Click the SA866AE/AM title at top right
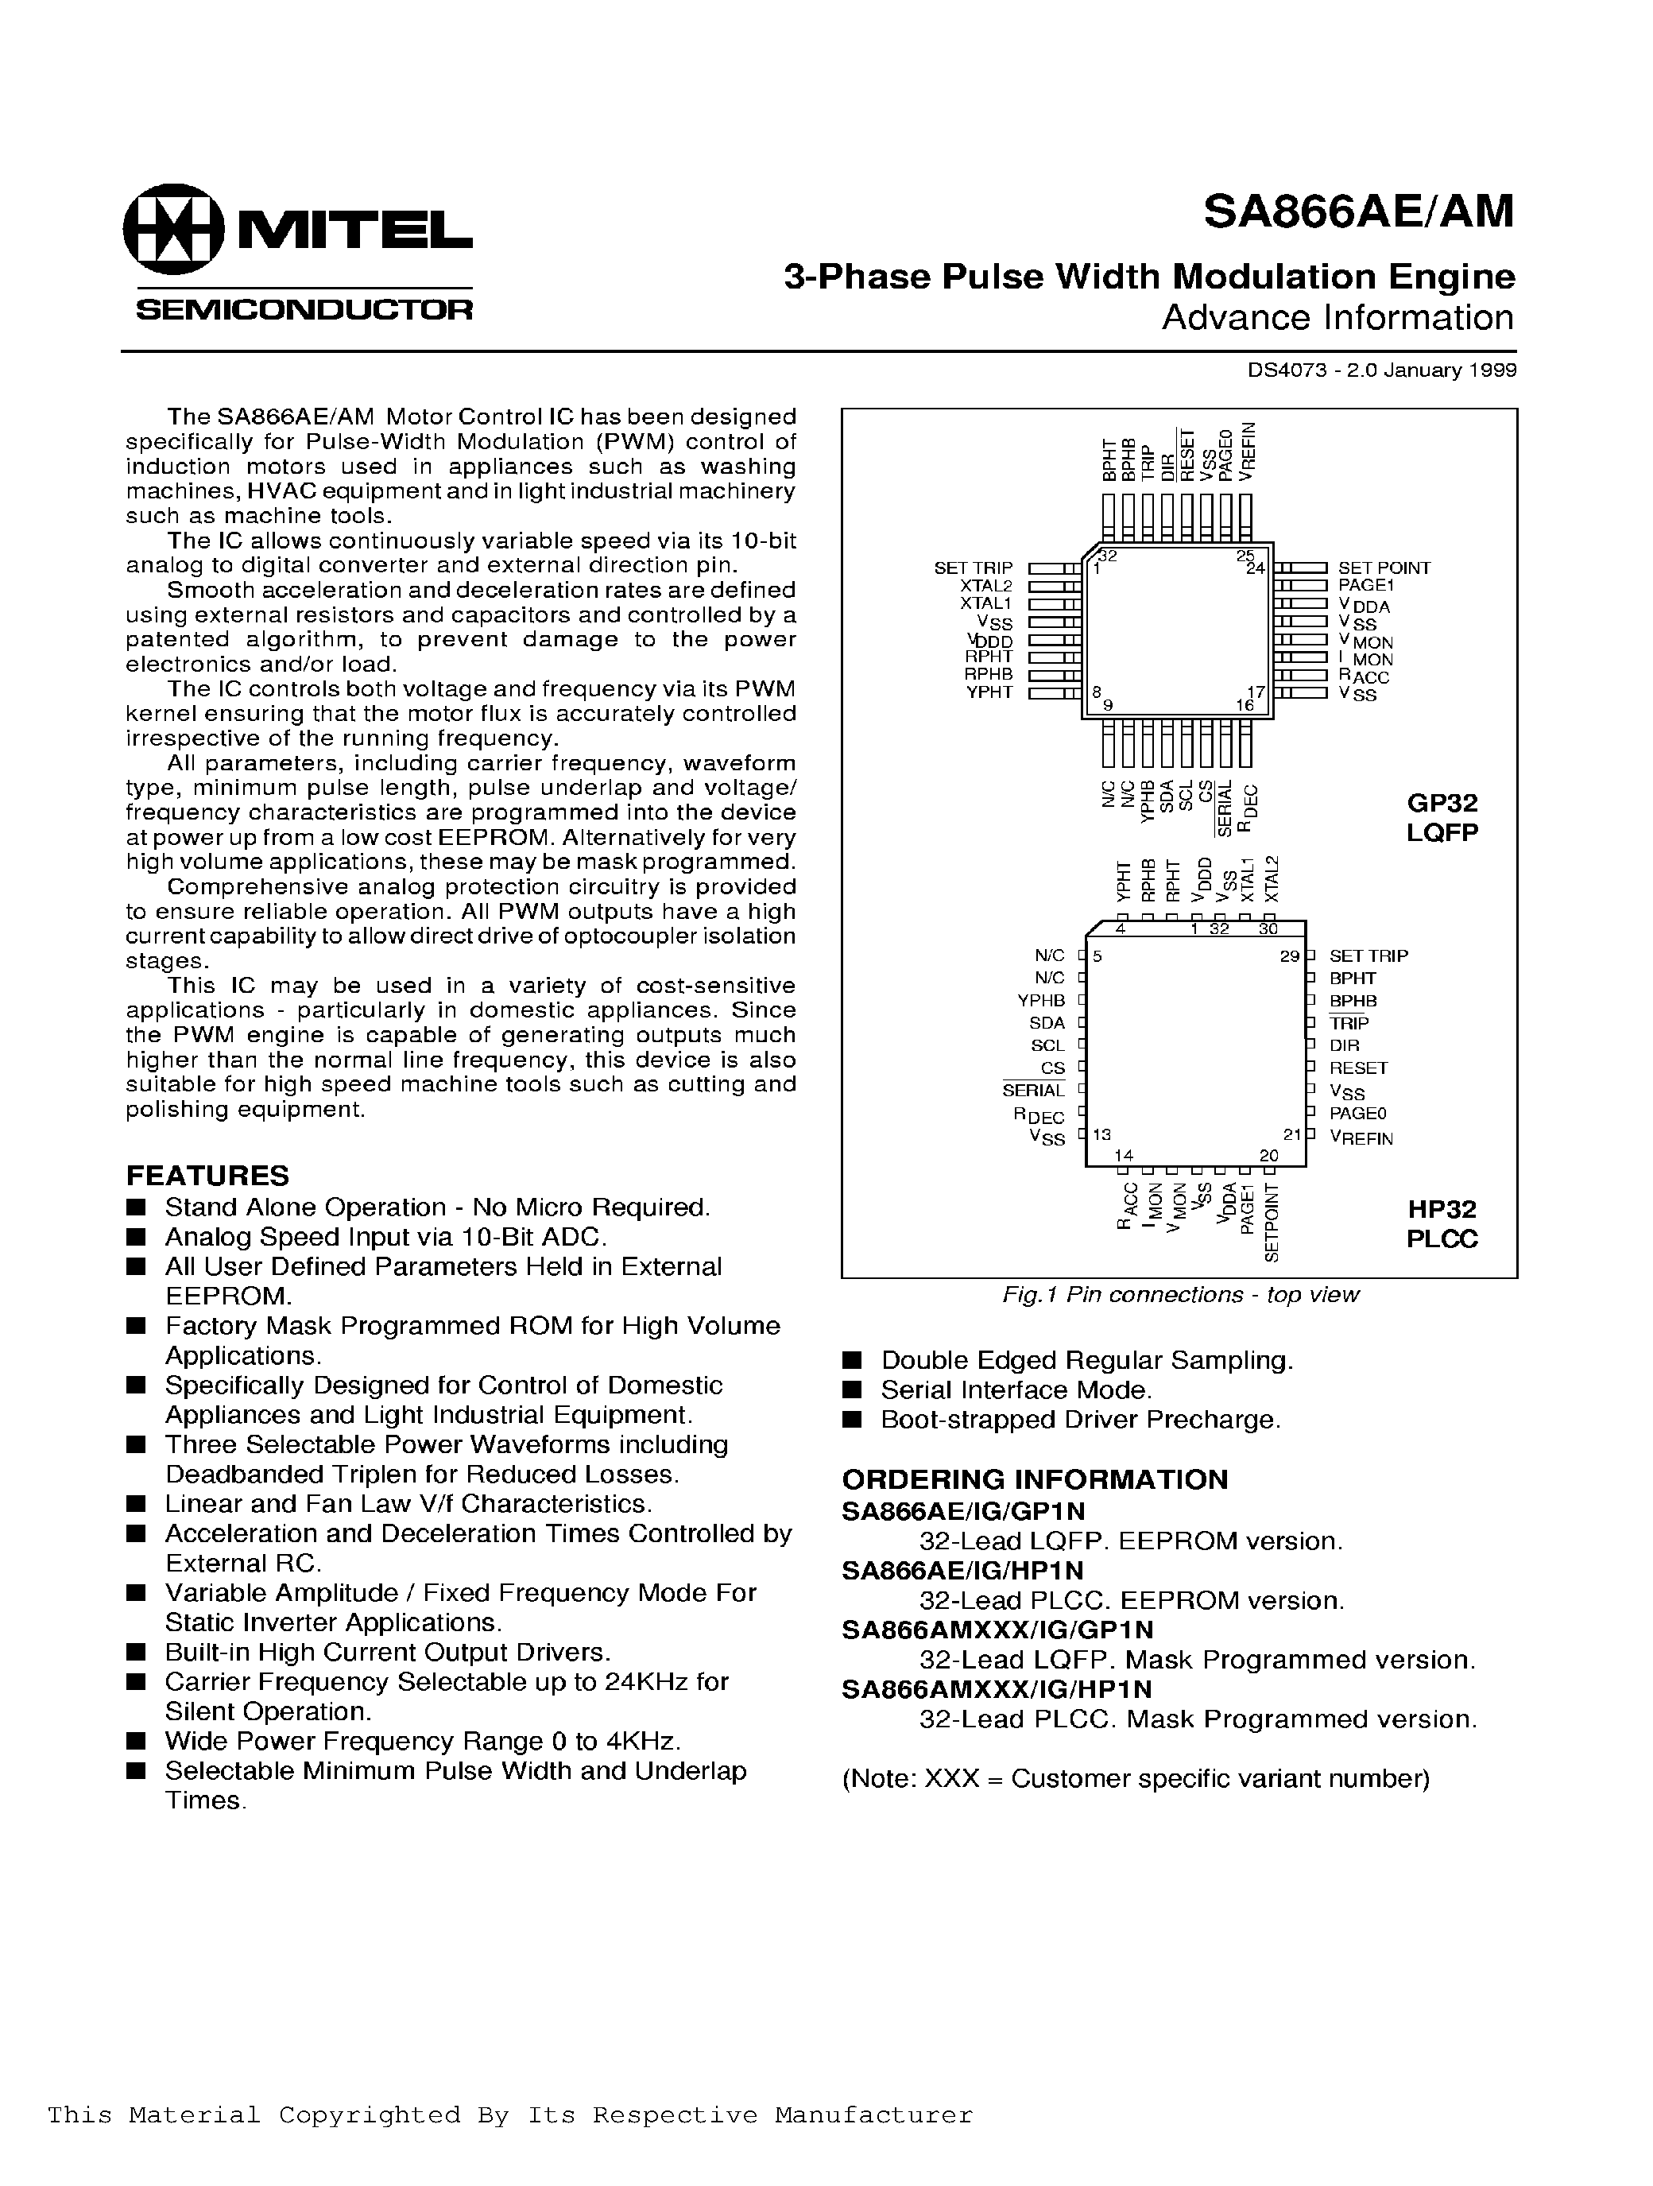[1357, 211]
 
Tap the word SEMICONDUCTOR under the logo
[304, 309]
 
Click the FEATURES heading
[207, 1175]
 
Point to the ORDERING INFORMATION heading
[1035, 1479]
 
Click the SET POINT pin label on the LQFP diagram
[1384, 568]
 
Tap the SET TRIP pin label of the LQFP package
[974, 568]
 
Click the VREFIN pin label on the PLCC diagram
[1361, 1138]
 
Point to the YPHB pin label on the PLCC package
[1041, 1001]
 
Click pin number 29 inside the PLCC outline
[1289, 956]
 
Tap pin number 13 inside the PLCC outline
[1101, 1135]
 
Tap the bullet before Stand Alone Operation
[137, 1207]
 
